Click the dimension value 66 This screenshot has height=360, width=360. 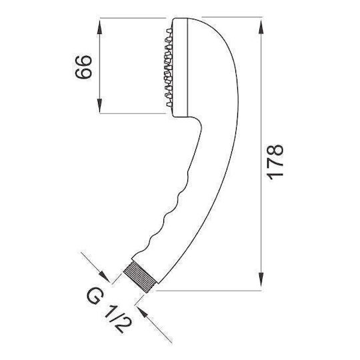[83, 67]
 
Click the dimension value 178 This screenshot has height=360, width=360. [275, 162]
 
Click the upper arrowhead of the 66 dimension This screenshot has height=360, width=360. [99, 27]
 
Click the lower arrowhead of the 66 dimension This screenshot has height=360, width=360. [99, 105]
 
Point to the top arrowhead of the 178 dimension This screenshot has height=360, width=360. [261, 27]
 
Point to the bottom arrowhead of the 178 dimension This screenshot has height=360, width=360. [261, 279]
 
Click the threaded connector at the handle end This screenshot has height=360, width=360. [140, 277]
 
